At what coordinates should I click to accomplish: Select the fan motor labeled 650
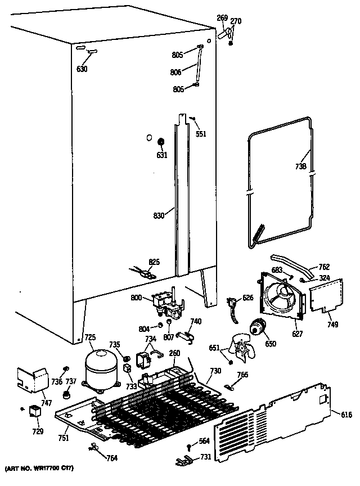pyautogui.click(x=259, y=326)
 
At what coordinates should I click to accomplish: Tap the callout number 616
pyautogui.click(x=346, y=415)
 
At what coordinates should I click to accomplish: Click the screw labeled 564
pyautogui.click(x=188, y=447)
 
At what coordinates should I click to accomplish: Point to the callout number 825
pyautogui.click(x=154, y=262)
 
